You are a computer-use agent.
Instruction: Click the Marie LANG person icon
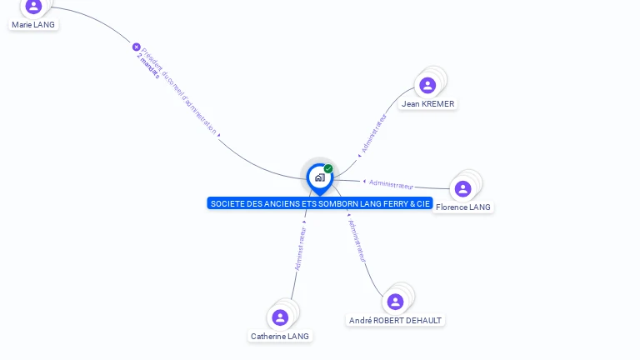(33, 7)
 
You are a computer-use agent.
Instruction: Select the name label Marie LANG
(33, 25)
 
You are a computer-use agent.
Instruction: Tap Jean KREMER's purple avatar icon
(427, 85)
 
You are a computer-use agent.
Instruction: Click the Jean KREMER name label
(428, 104)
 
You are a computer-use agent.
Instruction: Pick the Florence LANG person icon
(463, 188)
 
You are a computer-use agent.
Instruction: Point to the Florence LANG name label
(463, 207)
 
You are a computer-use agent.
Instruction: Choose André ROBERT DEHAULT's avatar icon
(396, 301)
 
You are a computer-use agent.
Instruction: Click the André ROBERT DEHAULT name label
(396, 320)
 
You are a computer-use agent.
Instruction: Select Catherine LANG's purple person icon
(280, 317)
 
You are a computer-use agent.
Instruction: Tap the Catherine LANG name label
(280, 337)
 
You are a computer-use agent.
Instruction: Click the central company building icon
(319, 177)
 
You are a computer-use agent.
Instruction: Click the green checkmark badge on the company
(328, 168)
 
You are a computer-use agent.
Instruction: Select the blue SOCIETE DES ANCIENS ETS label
(320, 203)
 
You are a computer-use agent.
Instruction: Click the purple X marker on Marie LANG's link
(137, 47)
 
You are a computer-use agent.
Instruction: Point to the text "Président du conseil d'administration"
(179, 91)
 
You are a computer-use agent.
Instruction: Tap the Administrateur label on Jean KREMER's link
(373, 134)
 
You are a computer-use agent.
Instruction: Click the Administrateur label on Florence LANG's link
(391, 184)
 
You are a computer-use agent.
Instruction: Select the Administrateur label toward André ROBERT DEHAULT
(357, 241)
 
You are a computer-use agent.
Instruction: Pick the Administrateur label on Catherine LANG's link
(301, 247)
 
